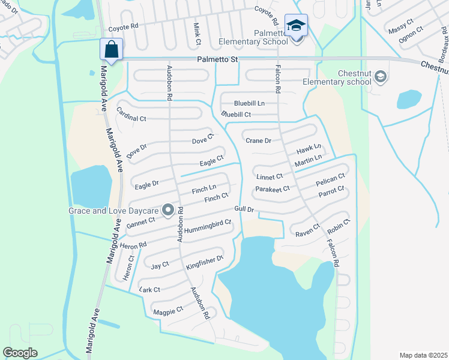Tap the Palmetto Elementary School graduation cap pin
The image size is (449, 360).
pos(296,26)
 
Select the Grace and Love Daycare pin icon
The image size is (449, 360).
pos(168,210)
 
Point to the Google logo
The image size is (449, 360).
pos(20,353)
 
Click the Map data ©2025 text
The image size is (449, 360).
pos(423,355)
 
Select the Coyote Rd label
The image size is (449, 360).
pos(123,28)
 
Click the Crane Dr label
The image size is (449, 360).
pos(259,140)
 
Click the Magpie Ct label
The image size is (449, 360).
pos(168,311)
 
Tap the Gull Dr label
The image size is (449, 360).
pos(245,209)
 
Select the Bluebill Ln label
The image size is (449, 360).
pos(250,103)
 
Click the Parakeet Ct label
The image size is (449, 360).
pos(272,188)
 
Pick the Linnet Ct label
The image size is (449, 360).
pos(269,177)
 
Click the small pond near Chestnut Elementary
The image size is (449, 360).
pos(409,99)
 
